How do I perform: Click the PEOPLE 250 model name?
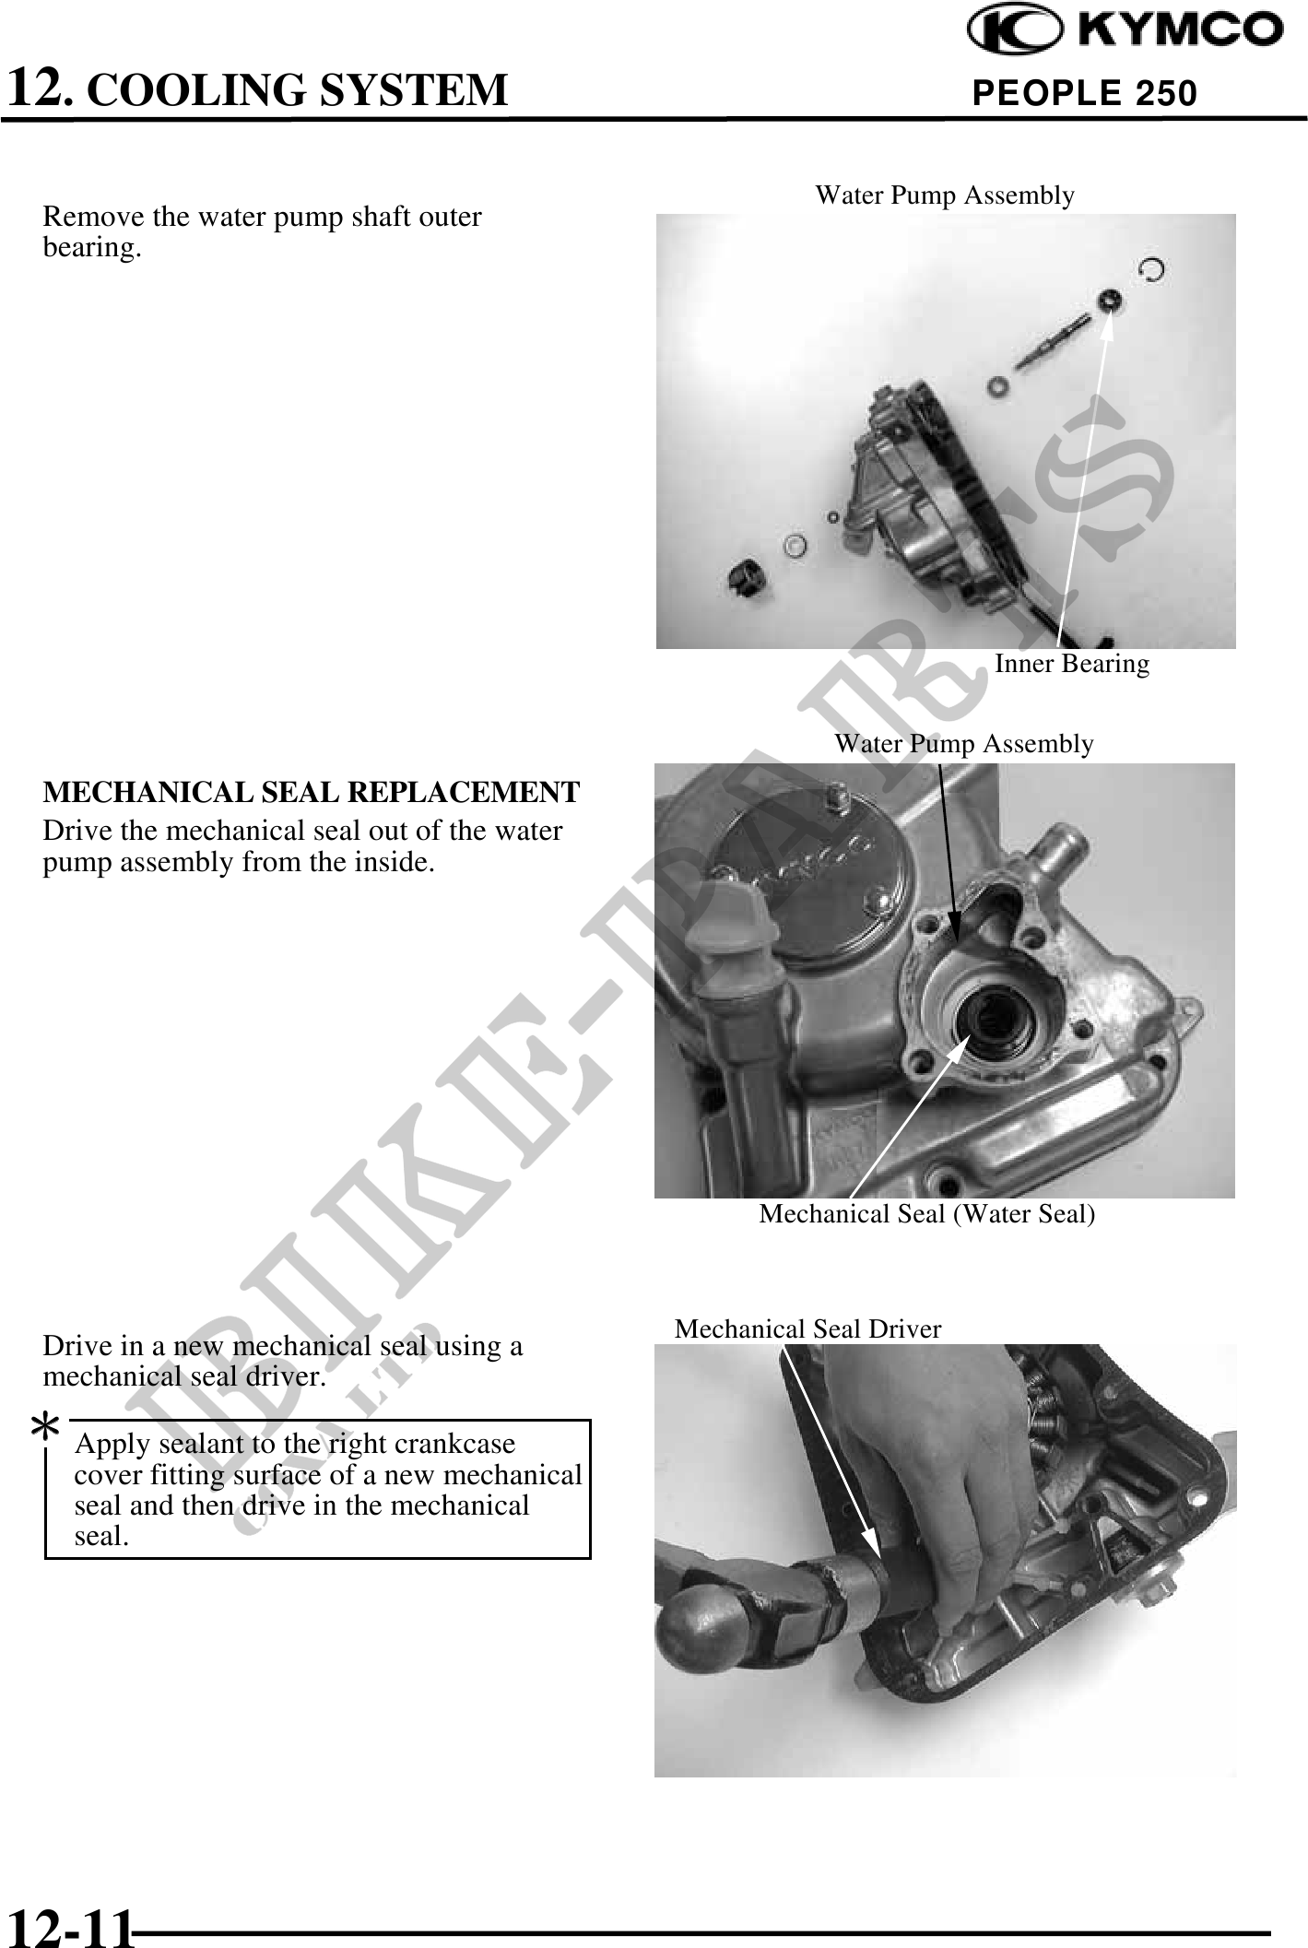pyautogui.click(x=1085, y=93)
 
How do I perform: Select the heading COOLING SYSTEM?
pyautogui.click(x=302, y=90)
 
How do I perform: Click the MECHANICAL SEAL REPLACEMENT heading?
pyautogui.click(x=312, y=792)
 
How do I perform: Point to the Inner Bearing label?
pyautogui.click(x=1072, y=664)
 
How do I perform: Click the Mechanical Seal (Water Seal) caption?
pyautogui.click(x=927, y=1214)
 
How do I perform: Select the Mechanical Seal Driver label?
pyautogui.click(x=808, y=1328)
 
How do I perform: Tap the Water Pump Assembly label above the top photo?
pyautogui.click(x=945, y=195)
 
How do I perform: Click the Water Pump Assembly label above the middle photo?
pyautogui.click(x=964, y=744)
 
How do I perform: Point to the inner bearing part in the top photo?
pyautogui.click(x=1110, y=300)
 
